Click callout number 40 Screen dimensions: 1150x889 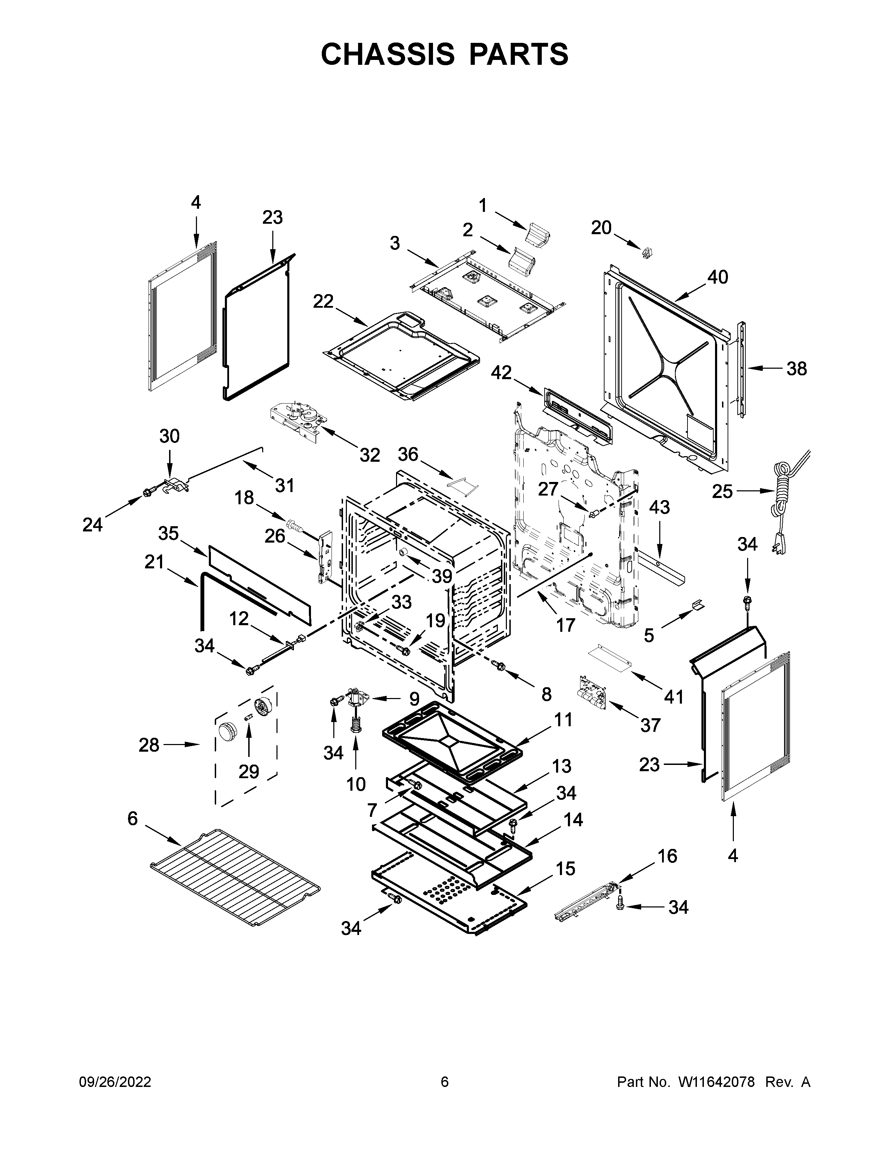pyautogui.click(x=717, y=277)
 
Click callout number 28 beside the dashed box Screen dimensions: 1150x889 pyautogui.click(x=149, y=745)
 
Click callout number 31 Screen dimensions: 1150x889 pyautogui.click(x=284, y=485)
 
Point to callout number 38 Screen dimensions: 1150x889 pyautogui.click(x=796, y=369)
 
